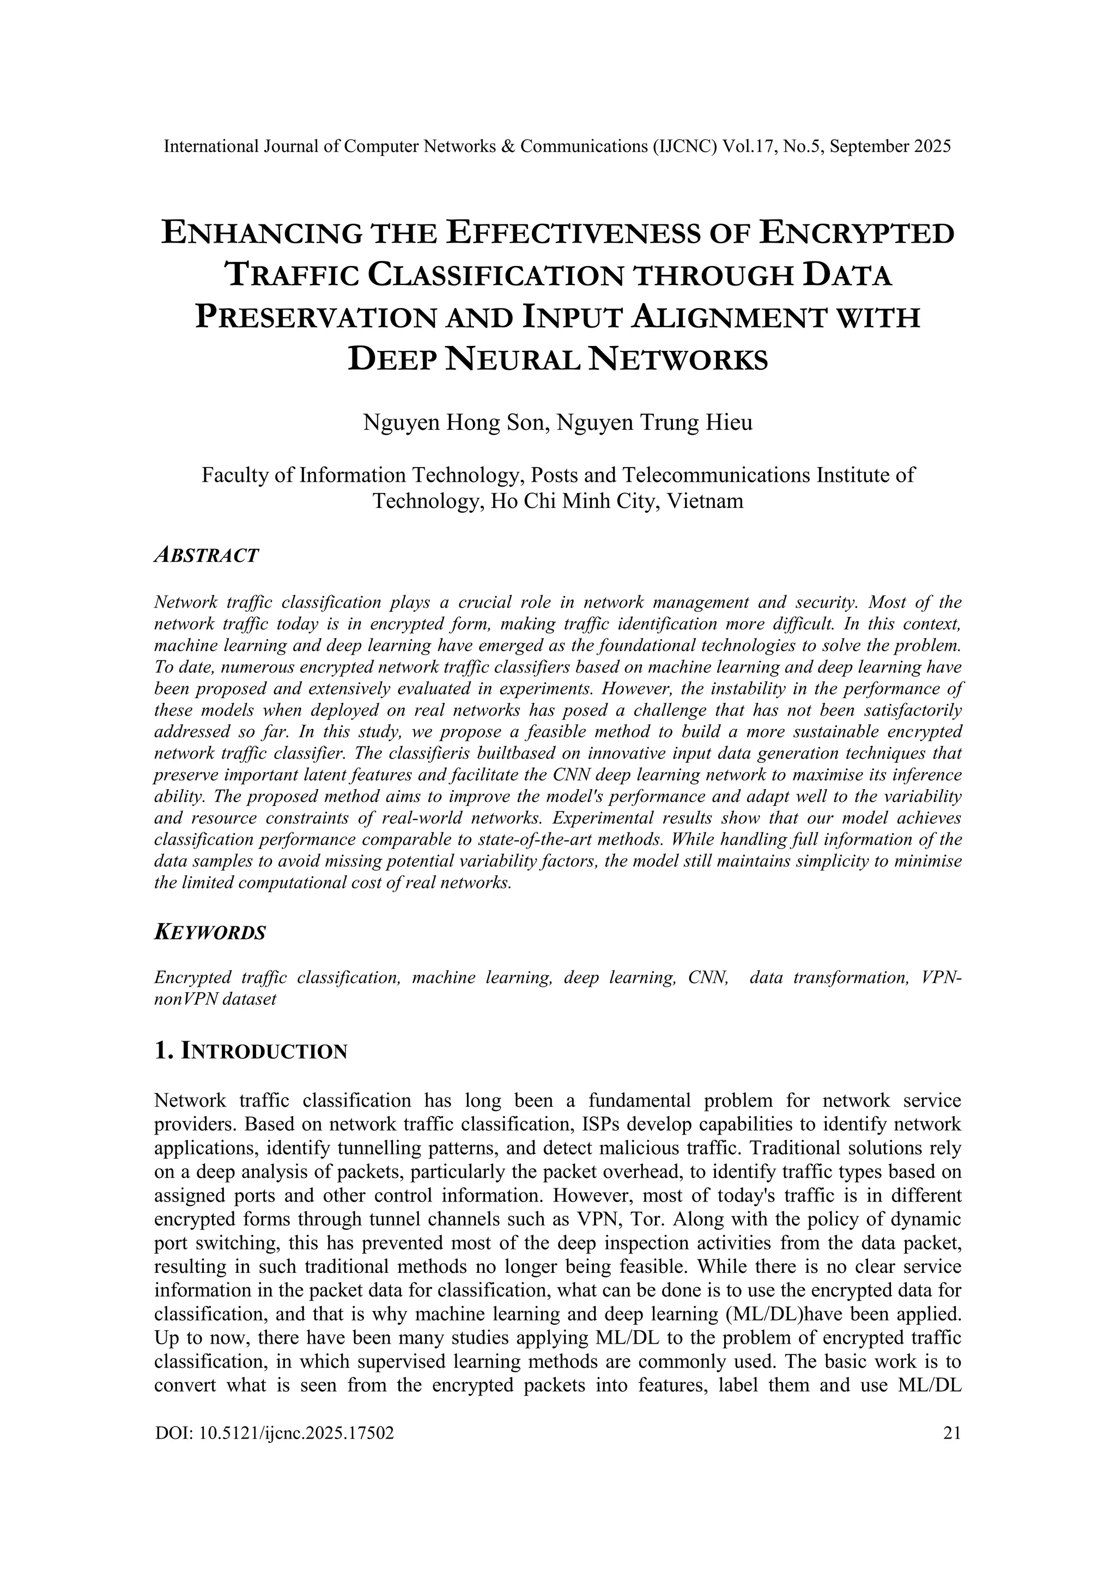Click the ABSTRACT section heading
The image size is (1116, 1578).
[x=206, y=555]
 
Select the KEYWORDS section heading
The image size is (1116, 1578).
[x=210, y=933]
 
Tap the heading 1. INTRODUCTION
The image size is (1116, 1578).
[x=251, y=1052]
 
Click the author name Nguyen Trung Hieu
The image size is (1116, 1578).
[x=654, y=422]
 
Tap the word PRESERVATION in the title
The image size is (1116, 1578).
[x=316, y=318]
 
